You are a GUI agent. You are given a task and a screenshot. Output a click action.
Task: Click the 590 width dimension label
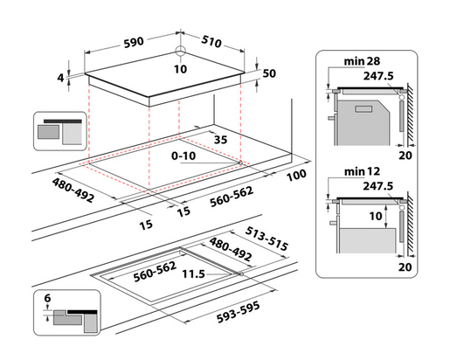tap(134, 42)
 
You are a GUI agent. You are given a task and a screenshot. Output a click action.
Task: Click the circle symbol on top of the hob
tap(180, 51)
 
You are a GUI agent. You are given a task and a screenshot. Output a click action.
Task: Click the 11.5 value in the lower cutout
tap(194, 273)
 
